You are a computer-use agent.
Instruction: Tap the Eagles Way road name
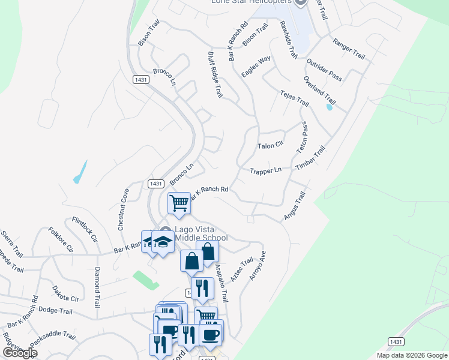point(256,67)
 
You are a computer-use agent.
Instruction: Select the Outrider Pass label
point(324,70)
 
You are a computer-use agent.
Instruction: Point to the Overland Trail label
point(319,89)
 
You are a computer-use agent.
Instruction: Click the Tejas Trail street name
point(294,99)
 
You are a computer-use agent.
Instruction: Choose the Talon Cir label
point(270,146)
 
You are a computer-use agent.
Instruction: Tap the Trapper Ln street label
point(265,170)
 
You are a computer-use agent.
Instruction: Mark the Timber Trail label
point(310,160)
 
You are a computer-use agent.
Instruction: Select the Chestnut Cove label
point(123,210)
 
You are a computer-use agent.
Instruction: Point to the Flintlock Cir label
point(85,229)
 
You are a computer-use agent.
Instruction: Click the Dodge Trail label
point(55,311)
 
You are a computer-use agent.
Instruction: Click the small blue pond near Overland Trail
point(329,107)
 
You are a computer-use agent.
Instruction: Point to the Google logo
point(20,353)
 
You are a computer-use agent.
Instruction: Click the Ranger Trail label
point(349,50)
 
